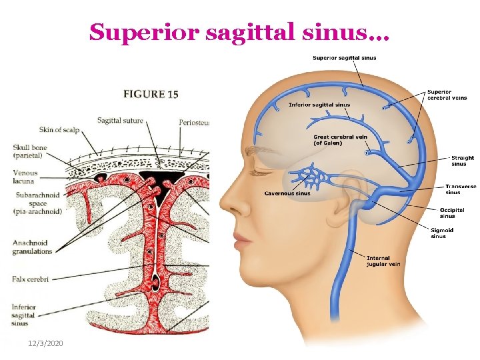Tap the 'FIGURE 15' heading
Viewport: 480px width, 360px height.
(151, 94)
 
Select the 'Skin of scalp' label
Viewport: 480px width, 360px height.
(60, 129)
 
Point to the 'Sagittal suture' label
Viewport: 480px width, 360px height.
(120, 121)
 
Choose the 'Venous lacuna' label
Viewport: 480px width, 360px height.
(25, 177)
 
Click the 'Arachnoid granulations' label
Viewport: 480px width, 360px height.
(32, 247)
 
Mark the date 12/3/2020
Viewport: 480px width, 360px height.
(46, 342)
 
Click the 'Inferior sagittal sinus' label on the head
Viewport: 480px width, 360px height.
(319, 105)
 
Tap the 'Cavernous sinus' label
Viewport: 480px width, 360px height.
(287, 194)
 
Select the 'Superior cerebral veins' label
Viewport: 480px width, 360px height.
(447, 95)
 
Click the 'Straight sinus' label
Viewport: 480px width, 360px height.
(461, 161)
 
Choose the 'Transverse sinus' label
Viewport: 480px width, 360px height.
(461, 189)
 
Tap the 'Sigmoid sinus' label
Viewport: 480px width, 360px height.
(443, 233)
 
